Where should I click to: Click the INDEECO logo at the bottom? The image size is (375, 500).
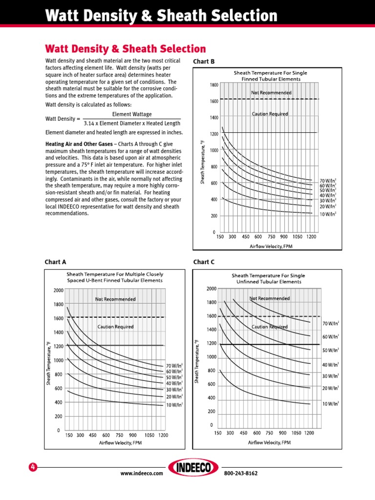193,468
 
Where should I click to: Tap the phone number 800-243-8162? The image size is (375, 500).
241,474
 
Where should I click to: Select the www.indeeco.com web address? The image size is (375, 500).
141,474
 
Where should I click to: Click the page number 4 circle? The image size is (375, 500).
33,467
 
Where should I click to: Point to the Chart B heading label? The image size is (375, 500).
204,62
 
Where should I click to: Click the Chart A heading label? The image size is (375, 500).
55,262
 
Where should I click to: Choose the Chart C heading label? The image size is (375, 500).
204,262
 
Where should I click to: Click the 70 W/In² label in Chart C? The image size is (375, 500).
331,323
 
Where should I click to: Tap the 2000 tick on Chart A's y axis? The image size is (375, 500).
58,290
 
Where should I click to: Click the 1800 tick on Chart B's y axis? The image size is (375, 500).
214,85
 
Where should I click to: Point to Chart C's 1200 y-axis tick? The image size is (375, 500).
211,343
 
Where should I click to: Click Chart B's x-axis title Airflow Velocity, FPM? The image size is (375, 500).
270,247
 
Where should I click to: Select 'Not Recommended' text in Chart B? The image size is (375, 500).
271,92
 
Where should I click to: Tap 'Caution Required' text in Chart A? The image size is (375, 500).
115,327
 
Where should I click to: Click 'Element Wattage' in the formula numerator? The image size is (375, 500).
132,114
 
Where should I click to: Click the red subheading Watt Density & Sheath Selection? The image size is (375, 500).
125,49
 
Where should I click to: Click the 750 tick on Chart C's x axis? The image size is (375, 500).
269,433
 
